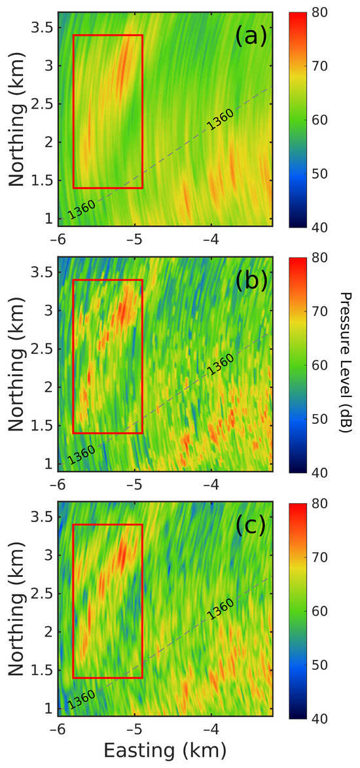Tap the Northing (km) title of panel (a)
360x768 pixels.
point(18,119)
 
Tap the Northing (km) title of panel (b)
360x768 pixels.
point(18,364)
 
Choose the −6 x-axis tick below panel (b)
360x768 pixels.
point(58,481)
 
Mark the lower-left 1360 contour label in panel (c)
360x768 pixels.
point(81,699)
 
